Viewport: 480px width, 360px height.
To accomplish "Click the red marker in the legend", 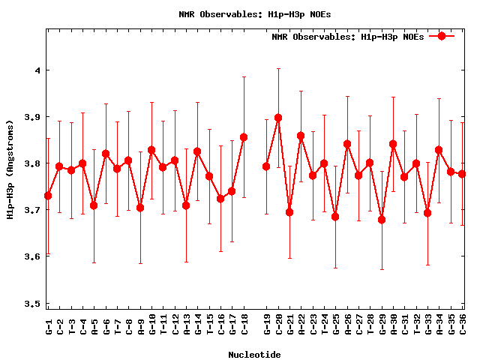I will tap(442, 36).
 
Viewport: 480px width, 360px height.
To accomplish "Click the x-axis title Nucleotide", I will tap(255, 355).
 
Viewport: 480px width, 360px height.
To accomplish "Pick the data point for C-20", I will tap(278, 118).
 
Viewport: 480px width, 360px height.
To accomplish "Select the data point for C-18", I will tap(244, 137).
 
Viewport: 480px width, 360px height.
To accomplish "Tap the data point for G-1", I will tap(48, 196).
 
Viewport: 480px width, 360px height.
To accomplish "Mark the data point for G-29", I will tap(382, 220).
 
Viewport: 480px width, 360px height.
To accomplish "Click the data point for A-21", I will tap(289, 212).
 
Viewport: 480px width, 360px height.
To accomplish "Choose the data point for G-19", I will tap(266, 166).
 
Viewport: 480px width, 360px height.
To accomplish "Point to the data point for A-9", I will tap(140, 207).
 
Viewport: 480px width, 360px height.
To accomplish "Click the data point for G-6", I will tap(106, 154).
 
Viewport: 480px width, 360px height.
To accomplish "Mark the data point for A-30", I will tap(393, 143).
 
